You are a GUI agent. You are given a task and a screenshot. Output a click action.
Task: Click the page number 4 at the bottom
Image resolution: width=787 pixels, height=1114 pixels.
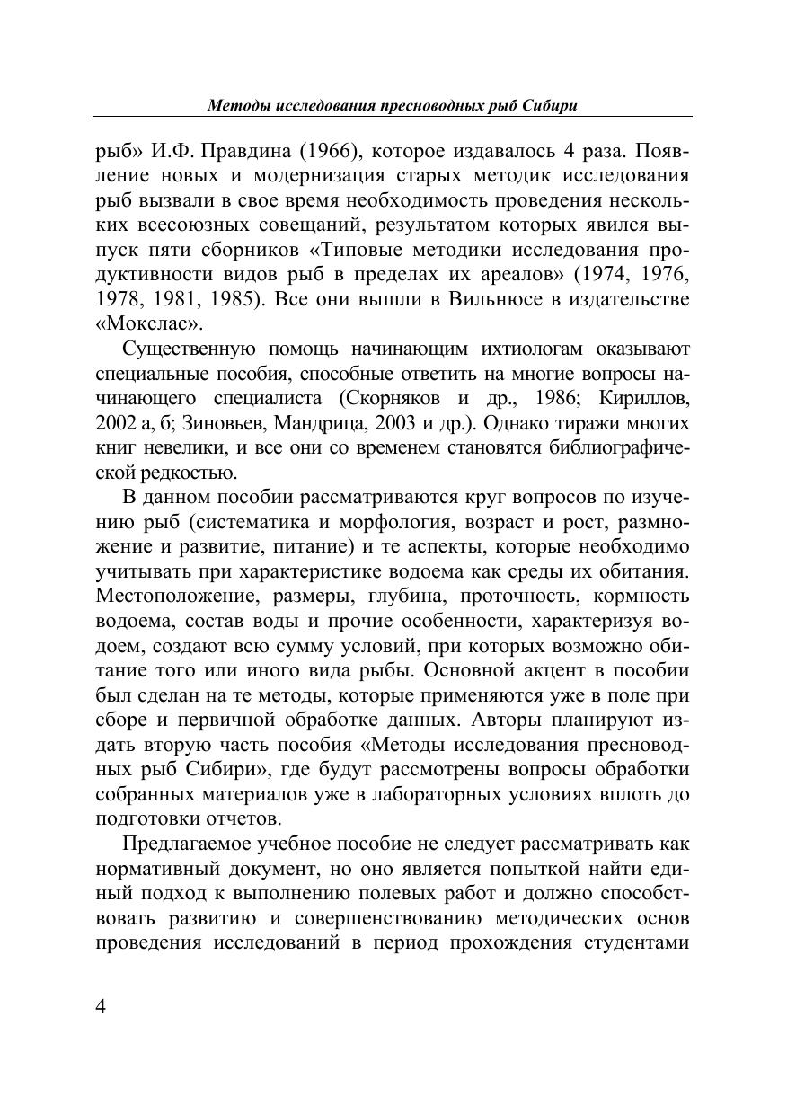pyautogui.click(x=101, y=1006)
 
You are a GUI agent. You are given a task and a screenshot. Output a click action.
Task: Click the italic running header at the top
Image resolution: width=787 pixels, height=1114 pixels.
pyautogui.click(x=392, y=105)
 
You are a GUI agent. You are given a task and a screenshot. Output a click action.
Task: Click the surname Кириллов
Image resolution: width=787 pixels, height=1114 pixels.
pyautogui.click(x=649, y=398)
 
